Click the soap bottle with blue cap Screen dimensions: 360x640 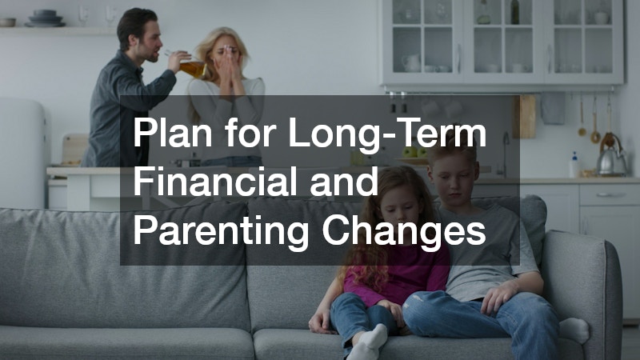coord(574,164)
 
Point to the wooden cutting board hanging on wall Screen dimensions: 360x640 coord(525,116)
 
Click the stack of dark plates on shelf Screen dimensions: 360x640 coord(45,18)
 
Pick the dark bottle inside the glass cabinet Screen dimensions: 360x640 coord(515,12)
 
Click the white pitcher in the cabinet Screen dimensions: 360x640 coord(412,62)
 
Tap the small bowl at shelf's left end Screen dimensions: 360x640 coord(7,22)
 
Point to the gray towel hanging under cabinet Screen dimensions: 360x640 coord(552,107)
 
